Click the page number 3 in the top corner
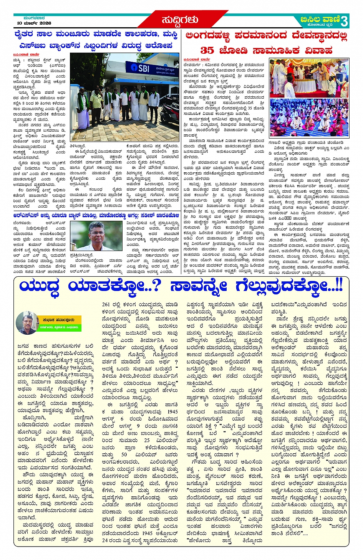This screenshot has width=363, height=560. point(344,21)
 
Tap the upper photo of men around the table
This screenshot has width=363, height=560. point(309,78)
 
